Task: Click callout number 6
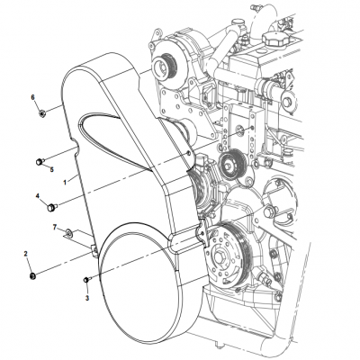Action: pos(33,96)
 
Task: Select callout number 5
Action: pos(51,168)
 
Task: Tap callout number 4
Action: pos(37,195)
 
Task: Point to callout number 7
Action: pos(54,229)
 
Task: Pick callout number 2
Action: pos(26,255)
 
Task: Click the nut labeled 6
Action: pos(42,112)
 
